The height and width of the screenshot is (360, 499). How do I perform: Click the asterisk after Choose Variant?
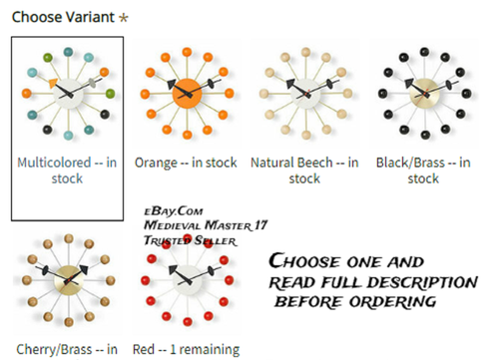124,18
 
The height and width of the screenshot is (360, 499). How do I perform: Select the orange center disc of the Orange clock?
187,94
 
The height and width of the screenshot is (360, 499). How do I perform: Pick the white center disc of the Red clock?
188,280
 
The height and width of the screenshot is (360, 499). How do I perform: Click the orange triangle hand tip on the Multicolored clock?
53,83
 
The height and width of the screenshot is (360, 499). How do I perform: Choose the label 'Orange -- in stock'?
186,163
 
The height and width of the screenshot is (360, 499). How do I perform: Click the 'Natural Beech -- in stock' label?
304,171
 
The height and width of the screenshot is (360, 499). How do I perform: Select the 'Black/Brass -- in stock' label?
423,171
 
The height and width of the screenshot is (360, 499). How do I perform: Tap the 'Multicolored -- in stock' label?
67,171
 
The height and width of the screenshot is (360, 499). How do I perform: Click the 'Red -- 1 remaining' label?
186,350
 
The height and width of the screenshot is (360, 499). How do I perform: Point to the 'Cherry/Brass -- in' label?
67,350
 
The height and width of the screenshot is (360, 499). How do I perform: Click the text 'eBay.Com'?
174,211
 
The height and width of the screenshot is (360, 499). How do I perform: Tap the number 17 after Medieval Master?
260,225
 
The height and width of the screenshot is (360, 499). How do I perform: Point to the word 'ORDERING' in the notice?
392,302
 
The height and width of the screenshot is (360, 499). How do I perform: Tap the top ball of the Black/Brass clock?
424,52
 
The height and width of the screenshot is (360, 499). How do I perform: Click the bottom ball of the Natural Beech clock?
306,135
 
